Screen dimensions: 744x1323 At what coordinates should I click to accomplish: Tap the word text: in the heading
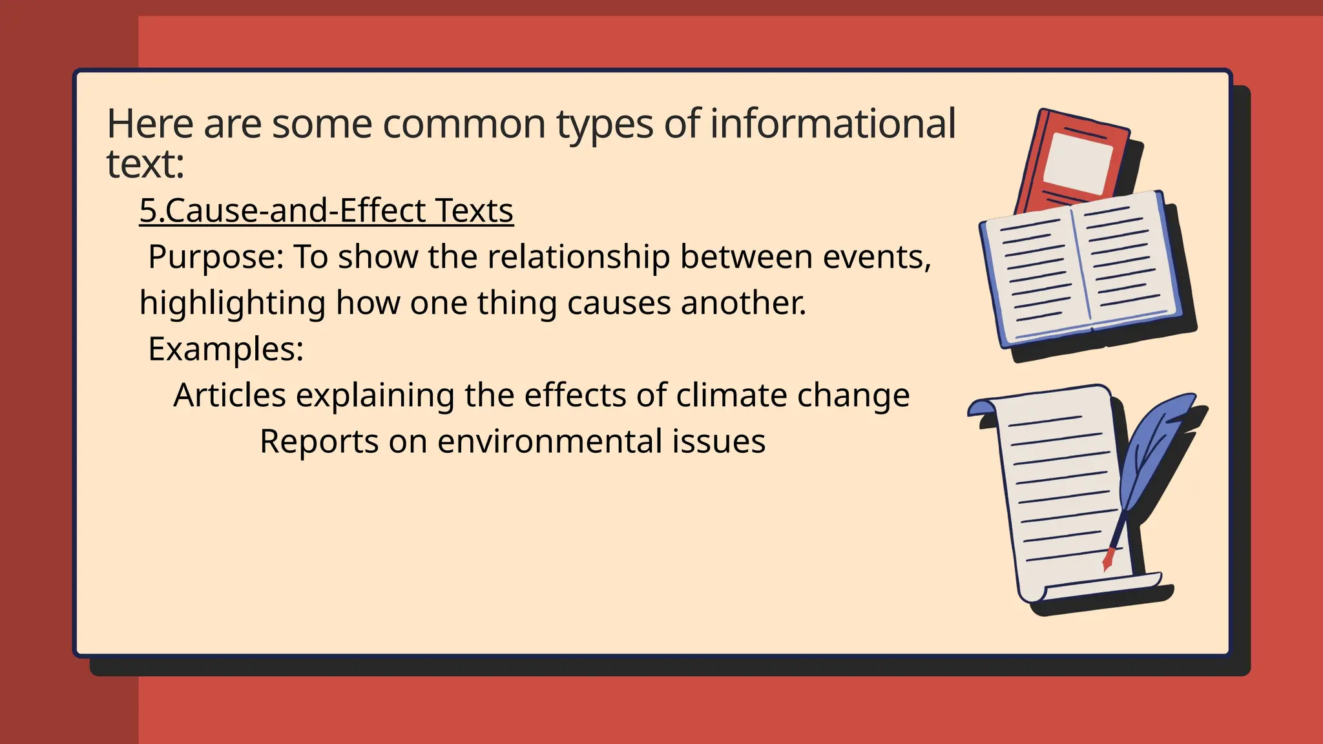(145, 164)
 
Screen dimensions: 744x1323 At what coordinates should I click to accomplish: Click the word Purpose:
(216, 256)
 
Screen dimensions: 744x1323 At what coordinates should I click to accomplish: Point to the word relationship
(579, 256)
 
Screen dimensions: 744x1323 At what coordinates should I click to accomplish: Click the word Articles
(229, 395)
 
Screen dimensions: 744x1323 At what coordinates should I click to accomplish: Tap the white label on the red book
(1078, 161)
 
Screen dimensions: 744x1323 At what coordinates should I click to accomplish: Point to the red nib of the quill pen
(1109, 557)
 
